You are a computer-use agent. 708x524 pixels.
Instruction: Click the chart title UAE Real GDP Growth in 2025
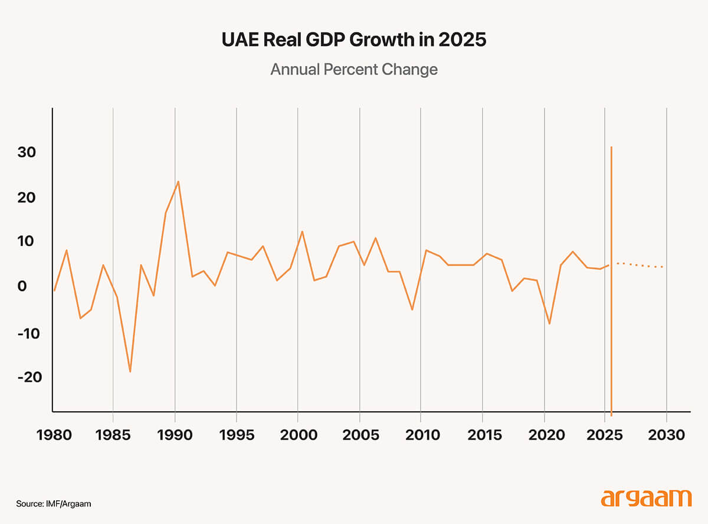[x=354, y=41]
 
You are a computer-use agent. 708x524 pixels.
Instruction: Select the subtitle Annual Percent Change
[x=354, y=69]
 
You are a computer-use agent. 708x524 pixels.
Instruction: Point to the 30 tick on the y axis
[x=27, y=152]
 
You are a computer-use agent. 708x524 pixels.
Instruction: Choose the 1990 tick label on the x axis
[x=175, y=435]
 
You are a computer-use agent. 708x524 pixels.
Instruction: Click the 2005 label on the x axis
[x=359, y=435]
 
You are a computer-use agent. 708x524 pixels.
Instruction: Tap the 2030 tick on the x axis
[x=666, y=435]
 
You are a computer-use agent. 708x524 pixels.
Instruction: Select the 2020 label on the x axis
[x=543, y=435]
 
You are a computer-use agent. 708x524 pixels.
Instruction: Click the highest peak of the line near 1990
[x=178, y=182]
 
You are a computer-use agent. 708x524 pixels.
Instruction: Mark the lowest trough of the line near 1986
[x=130, y=372]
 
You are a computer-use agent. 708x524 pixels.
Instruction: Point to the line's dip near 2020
[x=549, y=323]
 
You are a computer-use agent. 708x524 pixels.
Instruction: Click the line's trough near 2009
[x=412, y=309]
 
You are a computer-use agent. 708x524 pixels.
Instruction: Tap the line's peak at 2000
[x=302, y=231]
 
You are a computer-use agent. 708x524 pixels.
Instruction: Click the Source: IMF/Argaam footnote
[x=54, y=504]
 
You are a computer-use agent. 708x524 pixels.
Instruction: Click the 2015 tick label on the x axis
[x=482, y=435]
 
